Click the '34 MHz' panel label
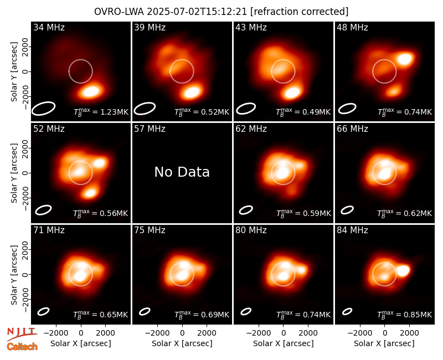pos(49,27)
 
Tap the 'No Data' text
pos(182,172)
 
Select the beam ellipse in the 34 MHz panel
pos(43,108)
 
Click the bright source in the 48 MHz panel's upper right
pos(405,59)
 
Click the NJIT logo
pos(22,334)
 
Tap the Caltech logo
pos(22,347)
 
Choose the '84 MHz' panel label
pos(352,230)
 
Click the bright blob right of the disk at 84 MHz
pos(403,271)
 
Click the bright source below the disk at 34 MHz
pos(90,91)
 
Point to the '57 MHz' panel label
pos(150,129)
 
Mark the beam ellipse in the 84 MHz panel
pos(347,311)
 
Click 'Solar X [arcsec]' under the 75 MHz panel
pos(182,343)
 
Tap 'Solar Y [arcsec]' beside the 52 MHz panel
pos(14,173)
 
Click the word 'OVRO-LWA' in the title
pos(119,12)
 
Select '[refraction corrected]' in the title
pos(300,12)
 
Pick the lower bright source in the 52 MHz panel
pos(90,193)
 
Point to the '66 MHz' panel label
pos(352,129)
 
